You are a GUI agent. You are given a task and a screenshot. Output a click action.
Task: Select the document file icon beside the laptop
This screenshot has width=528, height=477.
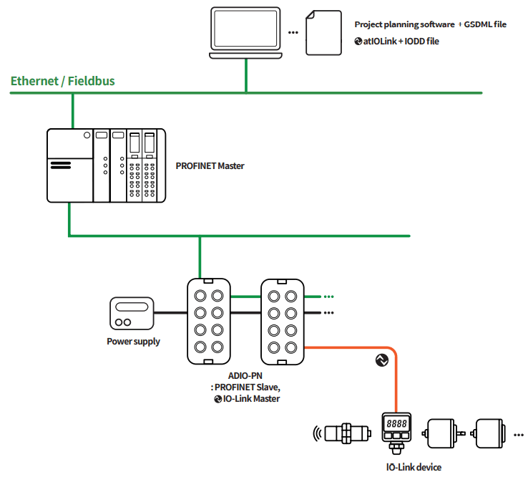tap(324, 32)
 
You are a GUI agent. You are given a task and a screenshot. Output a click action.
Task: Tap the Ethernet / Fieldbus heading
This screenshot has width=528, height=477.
tap(62, 81)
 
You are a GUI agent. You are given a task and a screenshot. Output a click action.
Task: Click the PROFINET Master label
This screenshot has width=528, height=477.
tap(210, 166)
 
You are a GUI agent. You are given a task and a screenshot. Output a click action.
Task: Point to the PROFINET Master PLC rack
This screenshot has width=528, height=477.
tap(106, 165)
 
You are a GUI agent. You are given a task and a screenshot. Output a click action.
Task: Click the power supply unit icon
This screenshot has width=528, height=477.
tap(132, 313)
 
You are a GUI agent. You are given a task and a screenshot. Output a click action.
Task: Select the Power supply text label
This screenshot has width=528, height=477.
tap(133, 342)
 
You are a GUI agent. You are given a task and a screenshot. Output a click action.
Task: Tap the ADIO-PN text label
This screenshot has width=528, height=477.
tap(246, 375)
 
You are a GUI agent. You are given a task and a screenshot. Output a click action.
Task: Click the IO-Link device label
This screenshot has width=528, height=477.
tap(414, 467)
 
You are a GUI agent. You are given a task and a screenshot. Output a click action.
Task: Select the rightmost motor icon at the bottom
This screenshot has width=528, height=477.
tap(492, 433)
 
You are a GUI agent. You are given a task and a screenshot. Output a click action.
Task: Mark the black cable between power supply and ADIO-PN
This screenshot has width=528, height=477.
tap(171, 312)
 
